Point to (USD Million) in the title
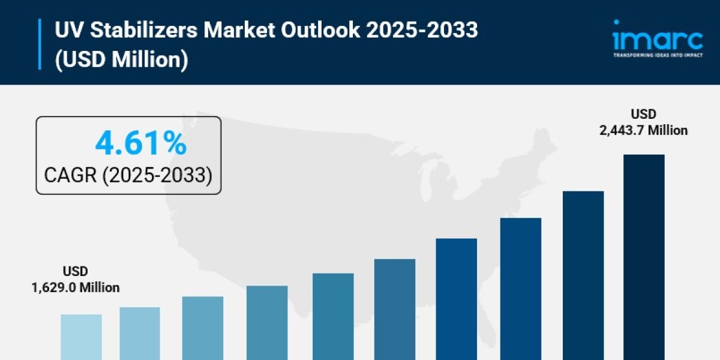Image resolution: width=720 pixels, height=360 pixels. tap(122, 60)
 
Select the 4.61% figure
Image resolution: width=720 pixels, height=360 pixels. tap(141, 143)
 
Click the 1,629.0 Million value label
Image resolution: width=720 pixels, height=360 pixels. tap(75, 287)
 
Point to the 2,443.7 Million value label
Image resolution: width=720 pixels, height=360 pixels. tap(643, 130)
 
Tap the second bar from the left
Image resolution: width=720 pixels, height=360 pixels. tap(140, 333)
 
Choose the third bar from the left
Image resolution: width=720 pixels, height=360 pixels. tap(203, 328)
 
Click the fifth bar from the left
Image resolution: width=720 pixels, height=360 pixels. tap(333, 316)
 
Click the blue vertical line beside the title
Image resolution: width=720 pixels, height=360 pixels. tap(41, 44)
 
